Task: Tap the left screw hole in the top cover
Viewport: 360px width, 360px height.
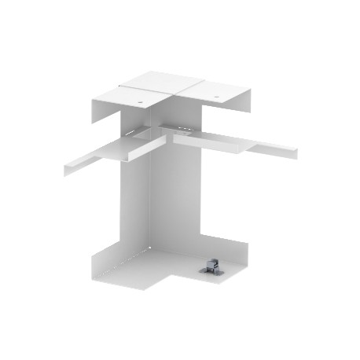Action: [140, 101]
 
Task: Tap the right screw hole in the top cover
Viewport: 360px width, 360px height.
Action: [217, 98]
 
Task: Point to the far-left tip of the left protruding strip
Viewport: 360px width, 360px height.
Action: [64, 167]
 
